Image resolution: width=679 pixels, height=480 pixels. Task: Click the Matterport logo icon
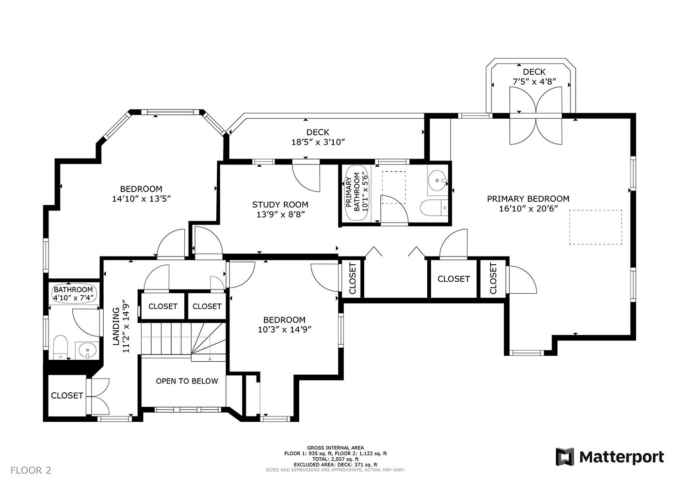[x=565, y=457]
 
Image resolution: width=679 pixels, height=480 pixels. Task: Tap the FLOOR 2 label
[x=31, y=470]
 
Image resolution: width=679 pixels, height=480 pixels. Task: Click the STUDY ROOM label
[x=280, y=205]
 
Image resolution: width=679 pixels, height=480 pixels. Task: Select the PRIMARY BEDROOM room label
[x=528, y=199]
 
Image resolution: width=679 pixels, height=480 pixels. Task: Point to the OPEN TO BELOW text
[x=187, y=381]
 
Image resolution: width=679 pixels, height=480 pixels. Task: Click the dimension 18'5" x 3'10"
[x=318, y=142]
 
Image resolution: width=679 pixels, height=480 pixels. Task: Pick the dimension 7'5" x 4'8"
[x=534, y=82]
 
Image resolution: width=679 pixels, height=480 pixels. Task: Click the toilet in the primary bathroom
[x=434, y=208]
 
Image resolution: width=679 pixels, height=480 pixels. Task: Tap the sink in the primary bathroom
[x=437, y=180]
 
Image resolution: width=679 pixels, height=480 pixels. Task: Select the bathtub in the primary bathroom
[x=357, y=193]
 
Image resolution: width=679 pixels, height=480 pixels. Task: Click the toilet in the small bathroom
[x=60, y=347]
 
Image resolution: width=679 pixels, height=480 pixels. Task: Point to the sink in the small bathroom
[x=87, y=351]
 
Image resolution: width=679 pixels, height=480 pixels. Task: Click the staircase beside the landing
[x=184, y=342]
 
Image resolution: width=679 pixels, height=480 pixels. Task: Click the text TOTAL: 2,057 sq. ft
[x=335, y=459]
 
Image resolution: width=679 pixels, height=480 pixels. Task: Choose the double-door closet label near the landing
[x=67, y=396]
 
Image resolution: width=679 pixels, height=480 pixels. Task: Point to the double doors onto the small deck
[x=535, y=115]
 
